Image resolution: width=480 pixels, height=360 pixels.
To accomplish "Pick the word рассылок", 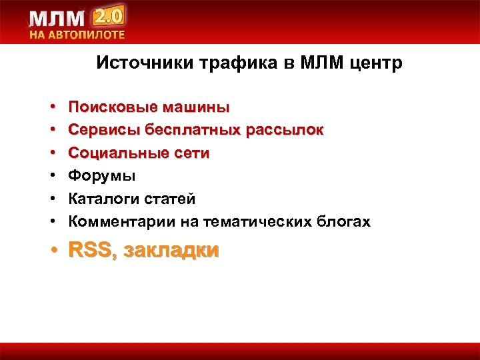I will [285, 130].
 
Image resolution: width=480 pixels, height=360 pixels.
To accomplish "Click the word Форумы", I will [103, 176].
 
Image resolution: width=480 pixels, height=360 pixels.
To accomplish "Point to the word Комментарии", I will [120, 222].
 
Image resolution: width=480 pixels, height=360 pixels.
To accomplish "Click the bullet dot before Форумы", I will [51, 176].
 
